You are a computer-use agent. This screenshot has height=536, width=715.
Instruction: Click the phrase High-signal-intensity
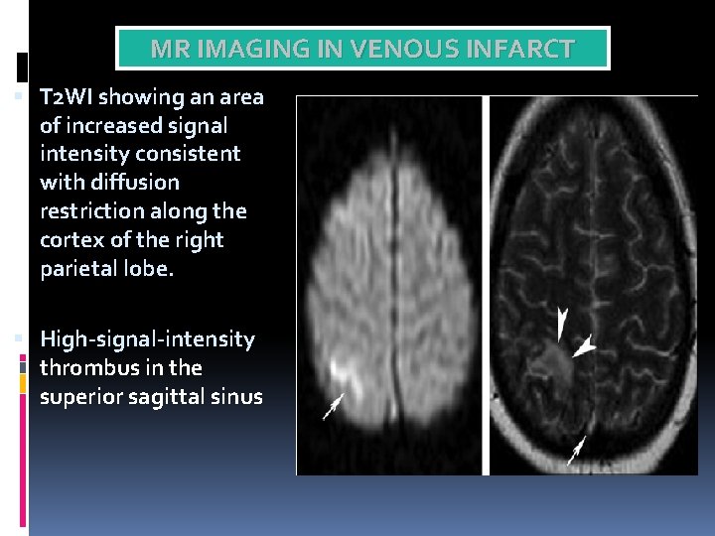click(147, 339)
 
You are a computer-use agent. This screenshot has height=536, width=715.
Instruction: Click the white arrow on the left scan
click(334, 405)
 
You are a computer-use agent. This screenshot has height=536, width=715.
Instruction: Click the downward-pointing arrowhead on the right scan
click(563, 324)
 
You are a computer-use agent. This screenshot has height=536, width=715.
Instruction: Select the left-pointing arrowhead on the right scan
click(584, 345)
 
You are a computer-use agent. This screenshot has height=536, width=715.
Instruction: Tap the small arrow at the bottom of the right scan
click(575, 452)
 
